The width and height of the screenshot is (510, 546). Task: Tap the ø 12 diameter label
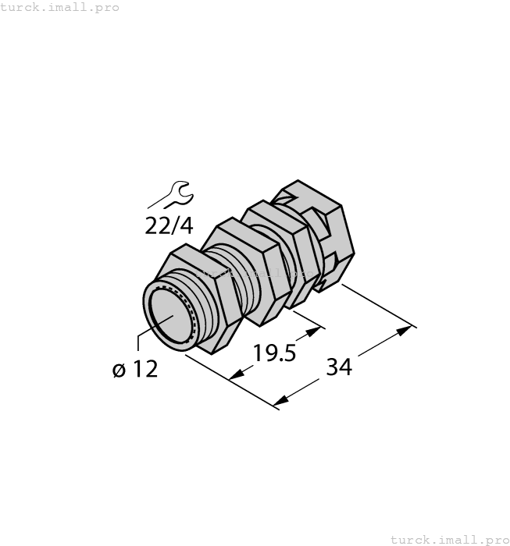click(135, 369)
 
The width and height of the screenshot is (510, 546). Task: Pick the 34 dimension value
click(338, 366)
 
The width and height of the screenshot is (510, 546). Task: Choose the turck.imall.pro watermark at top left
click(60, 7)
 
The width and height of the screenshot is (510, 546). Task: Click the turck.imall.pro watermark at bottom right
click(448, 539)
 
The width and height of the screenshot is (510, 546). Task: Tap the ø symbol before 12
click(119, 370)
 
